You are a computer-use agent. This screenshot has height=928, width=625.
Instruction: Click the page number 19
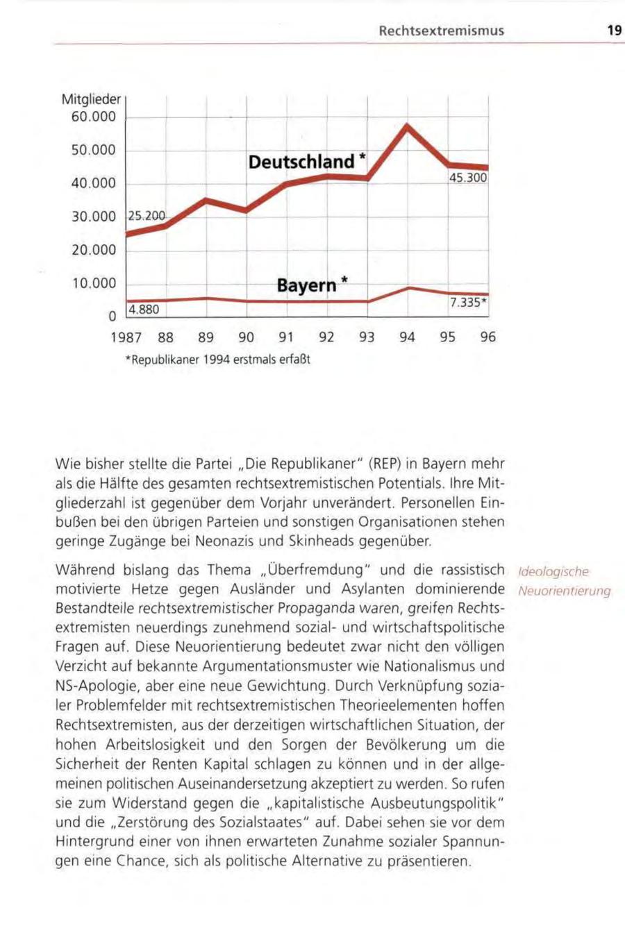click(613, 31)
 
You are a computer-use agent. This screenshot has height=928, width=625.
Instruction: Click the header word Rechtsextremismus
click(441, 31)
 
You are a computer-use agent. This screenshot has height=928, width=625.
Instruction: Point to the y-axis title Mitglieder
click(91, 99)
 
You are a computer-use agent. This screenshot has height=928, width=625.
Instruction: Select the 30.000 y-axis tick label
click(94, 217)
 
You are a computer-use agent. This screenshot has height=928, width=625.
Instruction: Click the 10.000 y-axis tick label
click(94, 284)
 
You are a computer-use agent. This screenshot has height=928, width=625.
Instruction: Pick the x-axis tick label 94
click(407, 338)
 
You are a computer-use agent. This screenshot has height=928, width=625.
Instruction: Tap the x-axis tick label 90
click(247, 338)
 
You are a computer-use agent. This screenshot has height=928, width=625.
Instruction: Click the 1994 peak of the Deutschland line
click(408, 126)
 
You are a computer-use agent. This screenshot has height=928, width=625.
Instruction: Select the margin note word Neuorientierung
click(564, 591)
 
